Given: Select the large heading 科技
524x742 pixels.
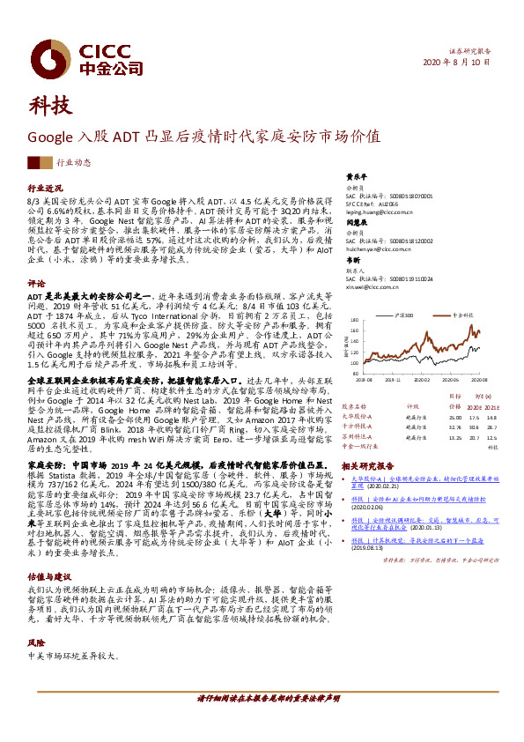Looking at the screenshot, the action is click(50, 108).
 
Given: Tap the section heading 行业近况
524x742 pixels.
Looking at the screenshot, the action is click(45, 189).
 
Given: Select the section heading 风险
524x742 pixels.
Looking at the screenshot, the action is click(36, 618).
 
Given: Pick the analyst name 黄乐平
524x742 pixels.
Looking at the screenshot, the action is click(354, 175).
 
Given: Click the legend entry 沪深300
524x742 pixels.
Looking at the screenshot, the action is click(406, 315).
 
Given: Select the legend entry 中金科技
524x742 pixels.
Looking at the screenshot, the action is click(464, 315).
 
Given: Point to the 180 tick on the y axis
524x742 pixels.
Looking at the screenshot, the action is click(354, 321).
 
